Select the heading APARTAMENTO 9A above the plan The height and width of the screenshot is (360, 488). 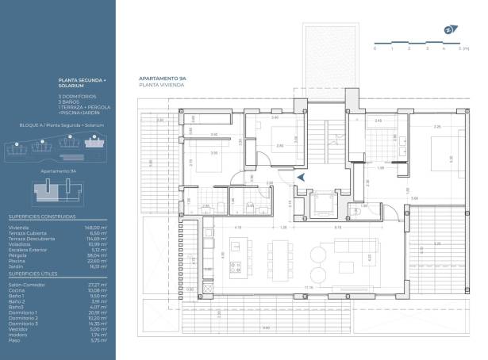point(163,79)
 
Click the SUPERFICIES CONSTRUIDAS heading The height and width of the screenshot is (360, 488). point(41,216)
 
